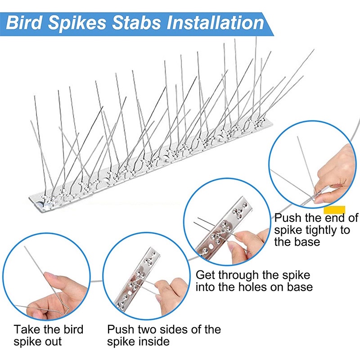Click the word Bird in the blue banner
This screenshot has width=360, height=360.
click(x=24, y=23)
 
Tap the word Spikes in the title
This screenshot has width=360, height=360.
click(x=77, y=23)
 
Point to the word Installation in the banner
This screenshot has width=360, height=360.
click(x=216, y=23)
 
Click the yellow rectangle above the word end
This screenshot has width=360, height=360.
click(x=334, y=210)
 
